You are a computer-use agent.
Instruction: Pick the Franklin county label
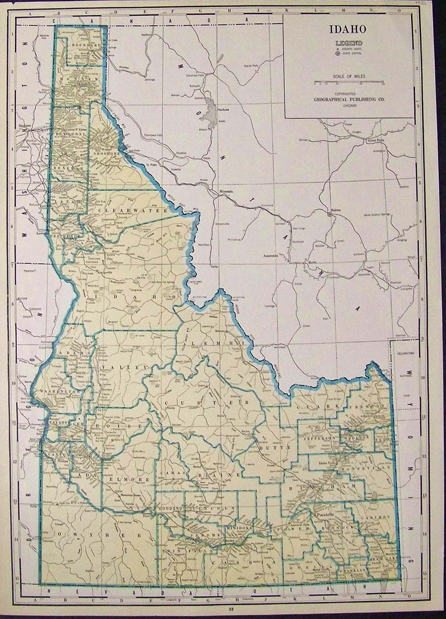[x=354, y=571]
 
